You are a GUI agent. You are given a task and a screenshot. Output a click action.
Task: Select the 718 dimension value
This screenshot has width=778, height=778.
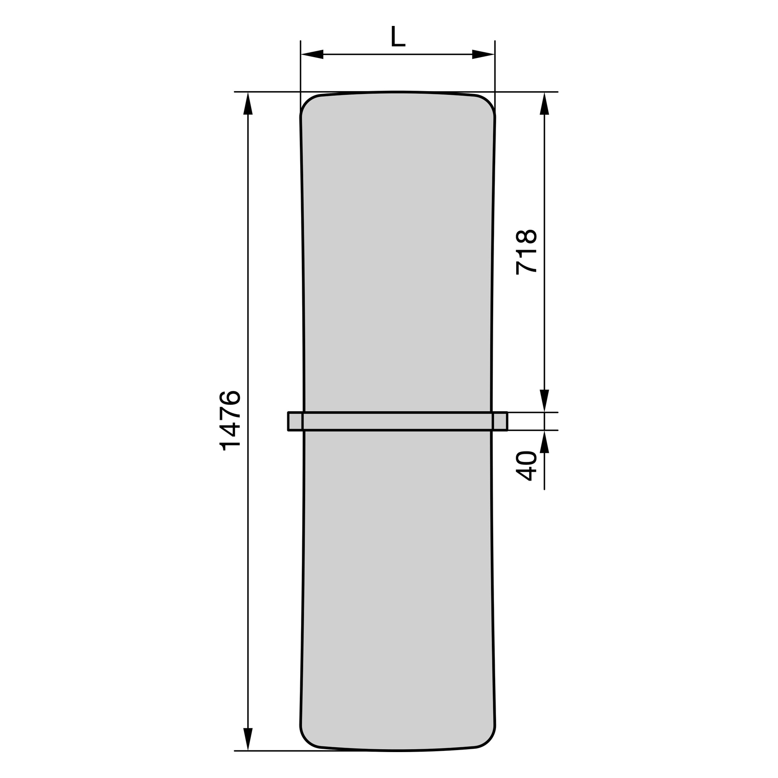point(526,252)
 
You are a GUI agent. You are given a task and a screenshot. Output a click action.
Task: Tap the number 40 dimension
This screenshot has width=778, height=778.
point(526,466)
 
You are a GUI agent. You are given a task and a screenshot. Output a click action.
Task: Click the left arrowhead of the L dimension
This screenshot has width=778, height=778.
point(312,54)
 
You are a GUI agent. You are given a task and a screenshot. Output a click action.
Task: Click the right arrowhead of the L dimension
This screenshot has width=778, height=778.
point(483,54)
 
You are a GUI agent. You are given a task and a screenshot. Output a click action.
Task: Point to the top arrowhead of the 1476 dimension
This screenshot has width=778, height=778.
point(248,104)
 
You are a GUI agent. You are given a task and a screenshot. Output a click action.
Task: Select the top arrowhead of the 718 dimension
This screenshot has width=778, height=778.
point(544,104)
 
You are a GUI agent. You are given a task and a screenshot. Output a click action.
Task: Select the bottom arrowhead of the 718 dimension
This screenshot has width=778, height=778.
point(544,400)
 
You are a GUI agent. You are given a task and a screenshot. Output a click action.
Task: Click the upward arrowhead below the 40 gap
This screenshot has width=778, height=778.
point(544,442)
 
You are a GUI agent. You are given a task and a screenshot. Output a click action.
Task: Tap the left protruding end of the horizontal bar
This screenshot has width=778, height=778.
point(295,421)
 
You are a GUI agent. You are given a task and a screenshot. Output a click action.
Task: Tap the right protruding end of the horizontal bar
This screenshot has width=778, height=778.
point(500,421)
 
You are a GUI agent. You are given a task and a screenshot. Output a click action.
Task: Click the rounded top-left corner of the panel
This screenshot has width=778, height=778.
point(307,102)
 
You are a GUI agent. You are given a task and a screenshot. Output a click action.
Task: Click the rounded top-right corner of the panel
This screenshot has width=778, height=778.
point(488,102)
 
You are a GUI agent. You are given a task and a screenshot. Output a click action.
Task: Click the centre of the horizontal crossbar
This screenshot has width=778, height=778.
point(398,421)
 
